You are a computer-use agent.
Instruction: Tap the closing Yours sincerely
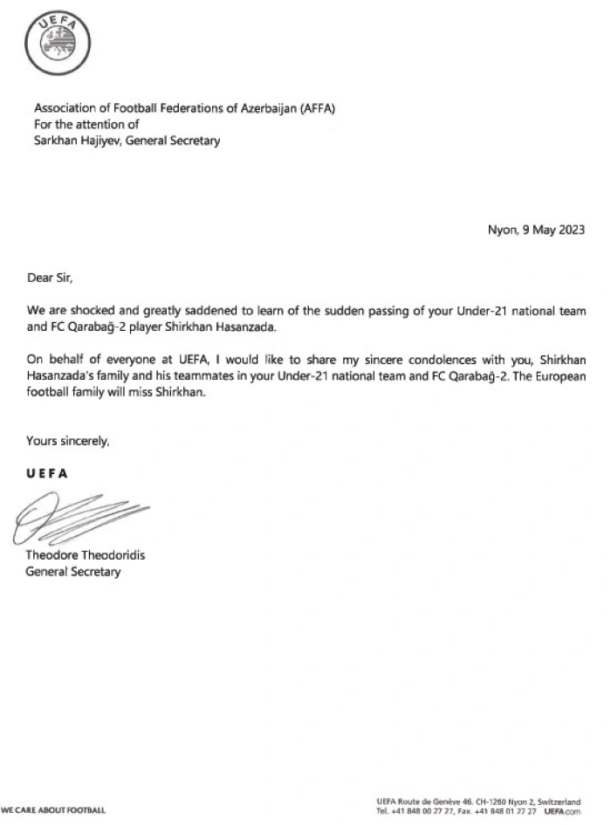[68, 441]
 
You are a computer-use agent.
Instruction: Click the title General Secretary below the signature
[73, 572]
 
